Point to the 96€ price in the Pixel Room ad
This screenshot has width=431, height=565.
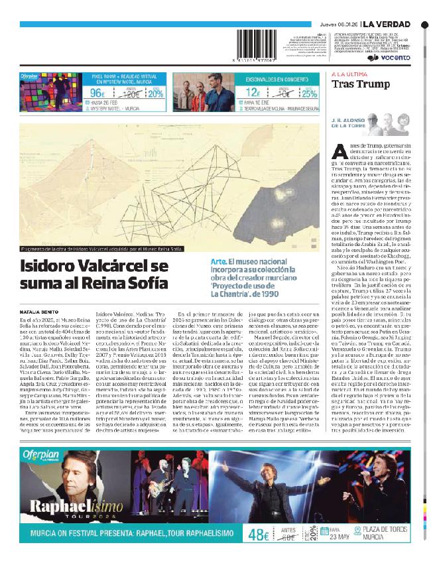click(x=99, y=93)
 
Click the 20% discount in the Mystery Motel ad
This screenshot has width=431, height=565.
click(x=155, y=94)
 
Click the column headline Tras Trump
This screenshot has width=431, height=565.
click(x=356, y=84)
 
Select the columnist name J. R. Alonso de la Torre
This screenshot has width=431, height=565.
click(x=348, y=123)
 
